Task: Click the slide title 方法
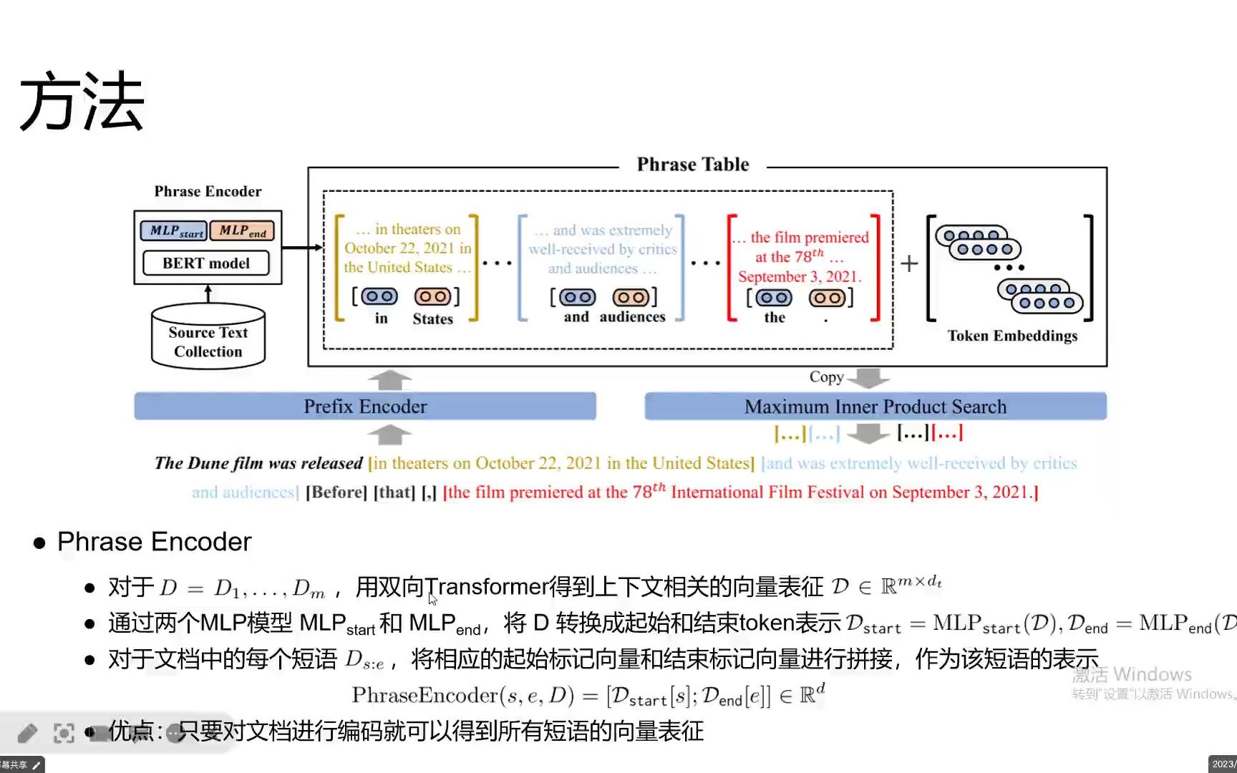coord(82,102)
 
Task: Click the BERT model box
coord(206,263)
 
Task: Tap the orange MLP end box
coord(242,230)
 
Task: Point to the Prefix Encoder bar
coord(365,407)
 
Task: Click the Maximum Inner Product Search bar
coord(875,407)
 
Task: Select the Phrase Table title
coord(692,165)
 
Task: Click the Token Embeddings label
coord(1012,336)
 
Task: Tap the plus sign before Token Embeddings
coord(909,263)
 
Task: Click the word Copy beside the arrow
coord(826,377)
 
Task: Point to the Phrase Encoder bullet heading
coord(154,542)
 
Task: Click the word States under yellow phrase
coord(432,319)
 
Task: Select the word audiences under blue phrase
coord(632,317)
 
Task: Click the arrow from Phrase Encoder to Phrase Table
coord(301,248)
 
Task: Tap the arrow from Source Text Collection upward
coord(208,293)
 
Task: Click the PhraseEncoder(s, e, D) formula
coord(587,695)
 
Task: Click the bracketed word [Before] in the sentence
coord(336,492)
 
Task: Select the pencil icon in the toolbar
coord(27,733)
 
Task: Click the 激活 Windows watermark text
coord(1132,674)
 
